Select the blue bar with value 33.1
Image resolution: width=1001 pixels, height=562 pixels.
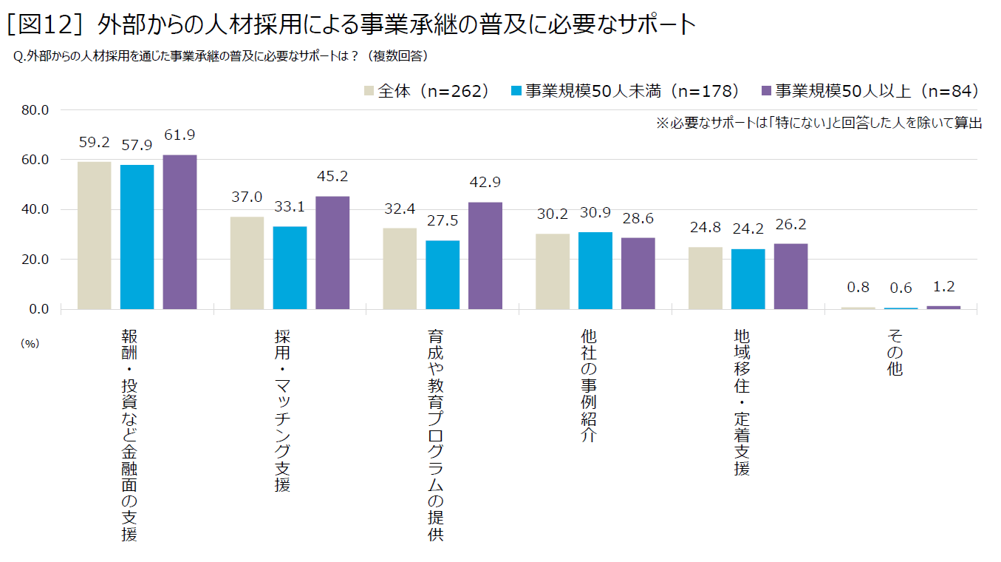tap(290, 268)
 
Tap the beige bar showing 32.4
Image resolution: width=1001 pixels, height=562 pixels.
tap(400, 268)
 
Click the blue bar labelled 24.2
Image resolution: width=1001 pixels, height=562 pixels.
tap(748, 279)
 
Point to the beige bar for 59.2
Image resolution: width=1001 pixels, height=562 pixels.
tap(95, 235)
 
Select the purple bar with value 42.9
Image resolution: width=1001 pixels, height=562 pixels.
tap(485, 255)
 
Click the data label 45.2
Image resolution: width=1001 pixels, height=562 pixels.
tap(332, 177)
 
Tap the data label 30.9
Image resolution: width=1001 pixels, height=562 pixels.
tap(595, 213)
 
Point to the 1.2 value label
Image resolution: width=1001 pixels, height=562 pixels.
tap(943, 287)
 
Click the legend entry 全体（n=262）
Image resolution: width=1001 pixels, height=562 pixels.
tap(426, 91)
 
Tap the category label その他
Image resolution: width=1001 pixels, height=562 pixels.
tap(895, 353)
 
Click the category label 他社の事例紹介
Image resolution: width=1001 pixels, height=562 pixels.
tap(589, 386)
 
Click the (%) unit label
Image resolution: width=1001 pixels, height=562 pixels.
tap(30, 343)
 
